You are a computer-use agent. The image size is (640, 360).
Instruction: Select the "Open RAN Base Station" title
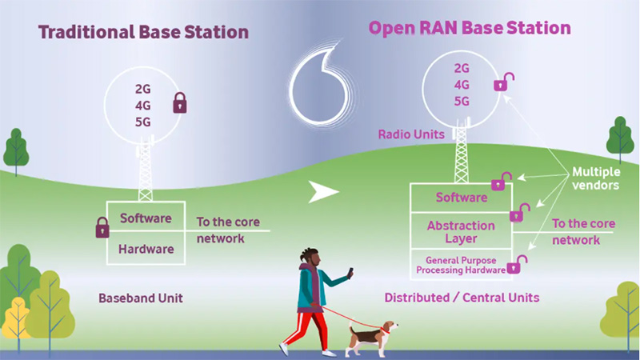click(470, 28)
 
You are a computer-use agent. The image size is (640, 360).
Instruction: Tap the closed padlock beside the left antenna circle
click(180, 103)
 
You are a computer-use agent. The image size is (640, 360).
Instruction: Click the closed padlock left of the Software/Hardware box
click(102, 227)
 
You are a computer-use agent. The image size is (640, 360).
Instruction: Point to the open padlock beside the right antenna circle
click(503, 81)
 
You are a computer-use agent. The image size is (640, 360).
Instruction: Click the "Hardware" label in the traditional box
click(146, 249)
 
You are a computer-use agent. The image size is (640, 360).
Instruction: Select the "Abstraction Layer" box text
click(462, 233)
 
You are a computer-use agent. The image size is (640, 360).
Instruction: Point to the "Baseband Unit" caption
click(141, 298)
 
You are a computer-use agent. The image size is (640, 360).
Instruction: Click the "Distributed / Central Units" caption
click(462, 298)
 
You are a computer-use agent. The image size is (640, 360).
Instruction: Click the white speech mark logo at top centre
click(320, 84)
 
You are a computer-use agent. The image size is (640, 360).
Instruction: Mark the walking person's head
click(313, 257)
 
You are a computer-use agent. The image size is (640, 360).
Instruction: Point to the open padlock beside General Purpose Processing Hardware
click(522, 262)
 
